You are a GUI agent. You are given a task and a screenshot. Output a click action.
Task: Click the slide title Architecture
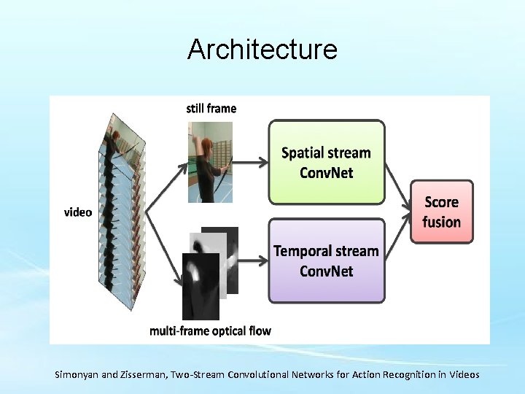[262, 50]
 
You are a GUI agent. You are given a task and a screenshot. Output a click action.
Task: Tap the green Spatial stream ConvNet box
[326, 162]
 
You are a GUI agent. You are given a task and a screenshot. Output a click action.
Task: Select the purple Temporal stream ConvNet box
[326, 260]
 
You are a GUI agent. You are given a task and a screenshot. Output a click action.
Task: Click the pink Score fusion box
[442, 212]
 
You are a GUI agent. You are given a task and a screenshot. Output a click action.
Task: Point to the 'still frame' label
[211, 108]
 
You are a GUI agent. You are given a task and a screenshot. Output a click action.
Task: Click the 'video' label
[78, 212]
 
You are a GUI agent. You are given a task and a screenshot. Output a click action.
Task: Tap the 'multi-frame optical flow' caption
[210, 331]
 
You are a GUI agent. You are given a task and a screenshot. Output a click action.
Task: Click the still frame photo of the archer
[209, 161]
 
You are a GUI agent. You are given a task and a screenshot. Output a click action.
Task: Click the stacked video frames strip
[120, 212]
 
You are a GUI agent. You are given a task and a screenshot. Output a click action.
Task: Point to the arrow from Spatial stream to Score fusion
[397, 186]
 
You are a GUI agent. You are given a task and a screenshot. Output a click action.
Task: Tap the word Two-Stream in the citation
[197, 374]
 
